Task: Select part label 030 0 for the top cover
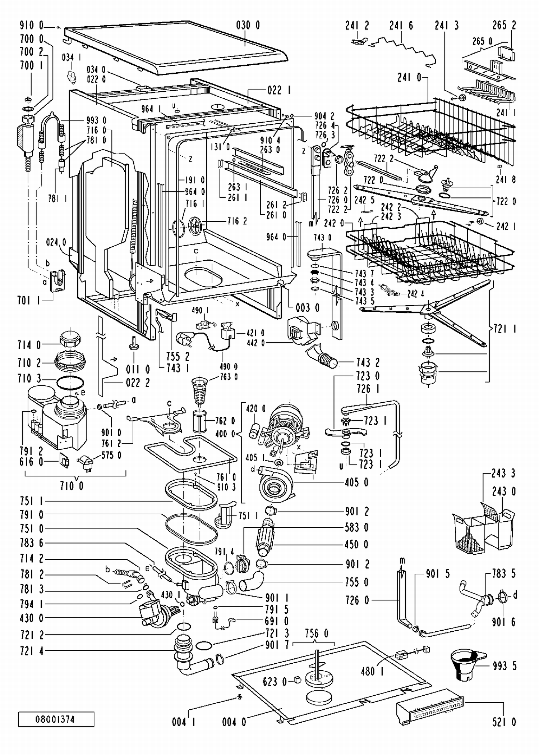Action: [248, 25]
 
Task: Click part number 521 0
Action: [504, 722]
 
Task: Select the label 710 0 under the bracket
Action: [72, 486]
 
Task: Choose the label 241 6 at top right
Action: [401, 26]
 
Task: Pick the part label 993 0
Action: [96, 120]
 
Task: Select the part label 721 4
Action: [32, 650]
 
